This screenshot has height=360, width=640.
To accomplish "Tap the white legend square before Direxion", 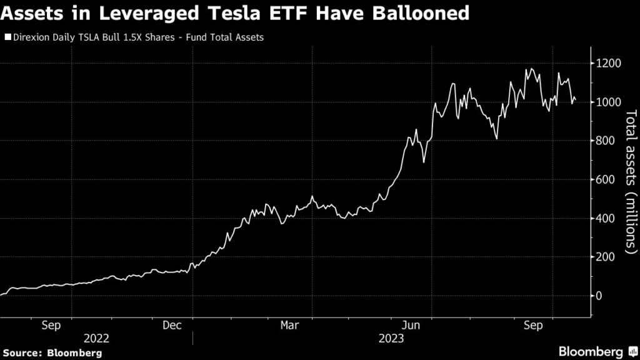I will pos(7,37).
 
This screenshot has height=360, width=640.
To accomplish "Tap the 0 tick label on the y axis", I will pos(600,296).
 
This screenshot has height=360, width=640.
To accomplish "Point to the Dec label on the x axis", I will pos(172,325).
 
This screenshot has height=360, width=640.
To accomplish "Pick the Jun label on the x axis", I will pos(411,325).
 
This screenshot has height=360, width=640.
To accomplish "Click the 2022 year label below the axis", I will pos(97,338).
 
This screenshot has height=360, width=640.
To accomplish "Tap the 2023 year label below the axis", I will pos(391,338).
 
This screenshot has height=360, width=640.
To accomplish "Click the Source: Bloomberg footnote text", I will pos(51,353).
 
